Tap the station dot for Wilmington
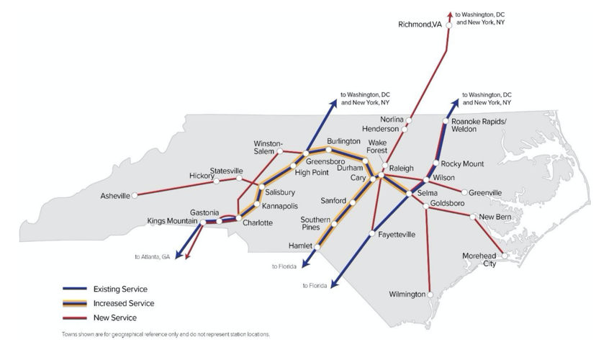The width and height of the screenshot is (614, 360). (x=430, y=294)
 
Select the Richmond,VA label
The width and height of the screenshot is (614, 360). (x=420, y=24)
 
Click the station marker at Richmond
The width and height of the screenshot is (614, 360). (x=448, y=25)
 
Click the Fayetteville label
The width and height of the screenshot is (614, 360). (x=396, y=234)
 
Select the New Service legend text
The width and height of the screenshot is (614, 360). (x=115, y=318)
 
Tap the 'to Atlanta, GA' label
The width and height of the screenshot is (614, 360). (x=152, y=256)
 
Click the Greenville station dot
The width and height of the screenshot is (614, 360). (x=464, y=192)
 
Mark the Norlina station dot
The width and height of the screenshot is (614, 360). (x=408, y=120)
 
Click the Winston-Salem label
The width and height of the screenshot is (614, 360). (x=268, y=146)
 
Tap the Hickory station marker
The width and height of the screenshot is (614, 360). (x=217, y=181)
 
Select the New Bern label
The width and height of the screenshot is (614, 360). (x=495, y=217)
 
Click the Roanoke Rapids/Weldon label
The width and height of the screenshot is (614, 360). (x=479, y=125)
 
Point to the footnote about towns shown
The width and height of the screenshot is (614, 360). (x=166, y=335)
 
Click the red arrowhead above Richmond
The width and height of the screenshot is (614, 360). (x=450, y=13)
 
